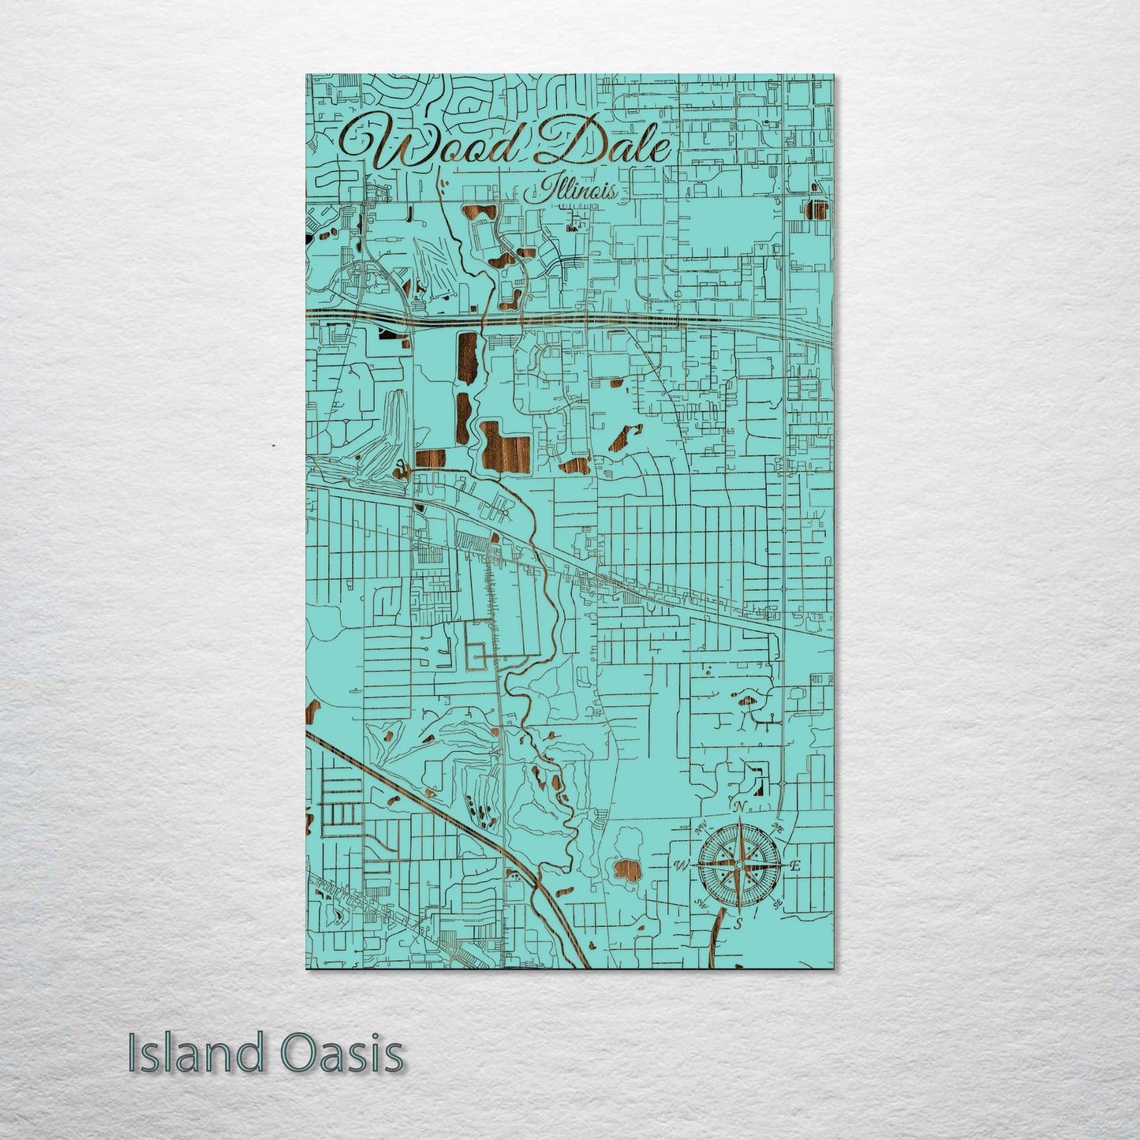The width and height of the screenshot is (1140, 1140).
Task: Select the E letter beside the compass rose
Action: point(795,865)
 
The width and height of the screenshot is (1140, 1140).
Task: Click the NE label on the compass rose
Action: point(777,828)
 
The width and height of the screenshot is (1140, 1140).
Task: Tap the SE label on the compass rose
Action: point(778,903)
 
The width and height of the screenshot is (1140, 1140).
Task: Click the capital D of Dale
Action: point(569,141)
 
